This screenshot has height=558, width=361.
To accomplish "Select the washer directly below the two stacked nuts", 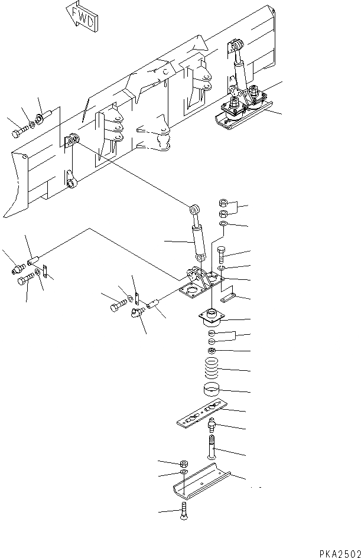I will pyautogui.click(x=223, y=226).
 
